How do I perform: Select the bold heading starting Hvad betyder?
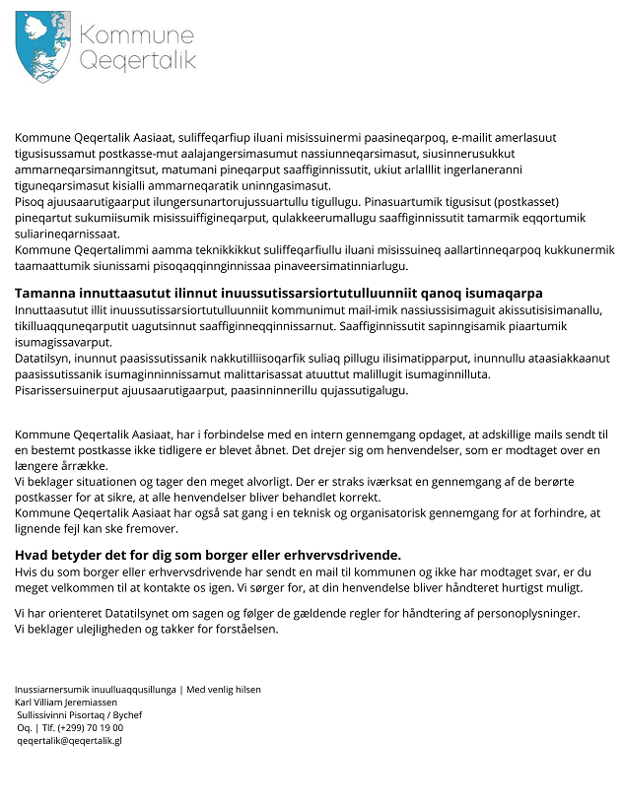click(208, 555)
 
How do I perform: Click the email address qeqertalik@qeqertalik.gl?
click(70, 740)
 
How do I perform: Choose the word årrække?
click(92, 466)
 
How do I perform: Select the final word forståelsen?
click(240, 629)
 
